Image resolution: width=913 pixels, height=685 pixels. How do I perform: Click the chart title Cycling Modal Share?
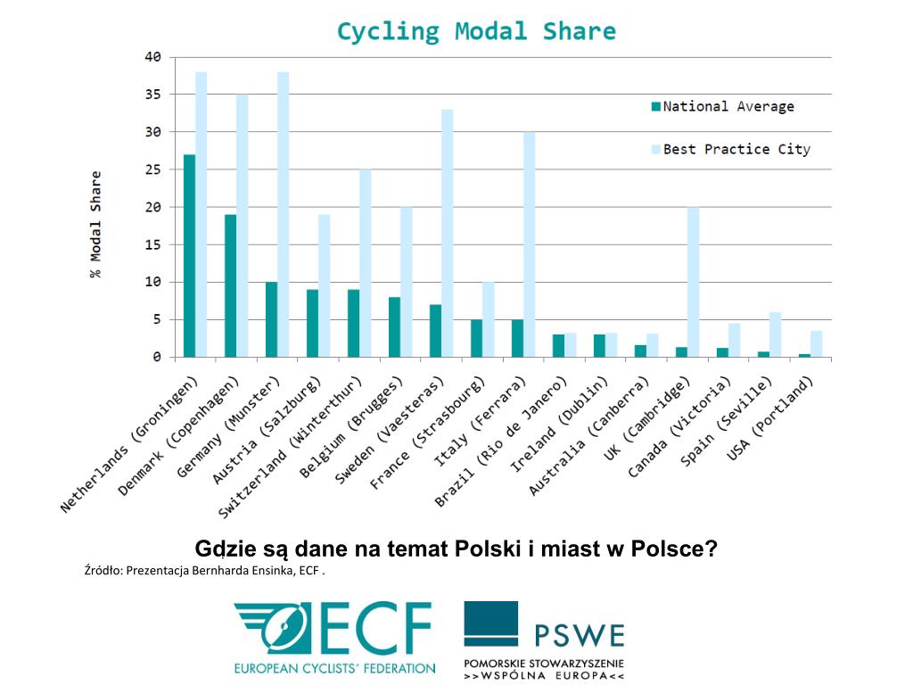click(x=476, y=32)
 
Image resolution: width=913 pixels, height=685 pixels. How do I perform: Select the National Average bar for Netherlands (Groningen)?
click(x=189, y=255)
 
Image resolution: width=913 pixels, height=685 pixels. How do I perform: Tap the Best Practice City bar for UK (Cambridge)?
click(x=693, y=282)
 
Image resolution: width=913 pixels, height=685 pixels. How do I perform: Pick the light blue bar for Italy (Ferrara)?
click(x=529, y=244)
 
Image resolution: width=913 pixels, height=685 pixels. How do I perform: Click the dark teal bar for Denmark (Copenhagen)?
click(x=230, y=285)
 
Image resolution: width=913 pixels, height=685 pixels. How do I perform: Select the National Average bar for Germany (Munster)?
click(x=271, y=319)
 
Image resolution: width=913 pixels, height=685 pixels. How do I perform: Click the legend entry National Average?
click(x=728, y=106)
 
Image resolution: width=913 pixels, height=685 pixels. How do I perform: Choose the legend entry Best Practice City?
click(x=736, y=149)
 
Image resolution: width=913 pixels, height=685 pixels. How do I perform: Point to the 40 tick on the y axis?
click(x=152, y=57)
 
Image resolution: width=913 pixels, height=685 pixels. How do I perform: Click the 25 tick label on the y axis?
click(x=152, y=169)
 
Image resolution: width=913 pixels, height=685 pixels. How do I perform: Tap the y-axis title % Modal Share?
click(x=95, y=224)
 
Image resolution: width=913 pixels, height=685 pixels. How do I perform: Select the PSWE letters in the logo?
click(x=580, y=635)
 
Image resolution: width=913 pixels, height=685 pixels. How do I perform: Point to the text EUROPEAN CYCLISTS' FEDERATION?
click(x=334, y=667)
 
